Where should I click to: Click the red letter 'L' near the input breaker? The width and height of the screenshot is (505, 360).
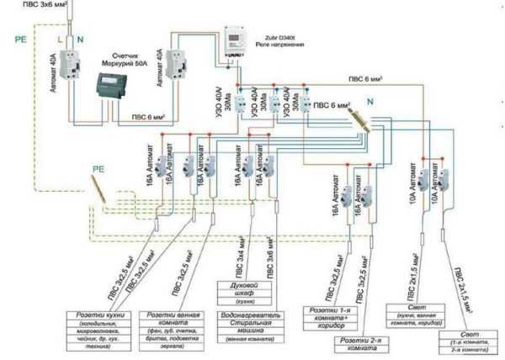point(59,39)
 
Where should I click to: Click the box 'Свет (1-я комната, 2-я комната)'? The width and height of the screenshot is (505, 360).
point(469,342)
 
